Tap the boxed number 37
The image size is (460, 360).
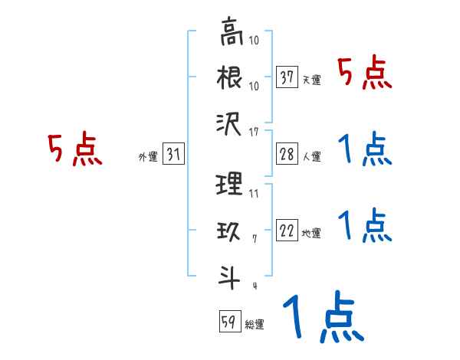[287, 77]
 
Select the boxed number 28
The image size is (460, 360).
[287, 154]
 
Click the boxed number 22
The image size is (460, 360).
[287, 231]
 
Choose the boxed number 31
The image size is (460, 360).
[173, 155]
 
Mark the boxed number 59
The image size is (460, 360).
[228, 322]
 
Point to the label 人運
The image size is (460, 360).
[311, 157]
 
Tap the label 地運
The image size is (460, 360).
[311, 234]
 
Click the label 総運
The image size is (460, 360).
[254, 325]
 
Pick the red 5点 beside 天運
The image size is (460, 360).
[364, 74]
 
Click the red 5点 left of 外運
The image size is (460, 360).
[74, 149]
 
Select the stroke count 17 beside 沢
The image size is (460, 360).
[254, 133]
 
